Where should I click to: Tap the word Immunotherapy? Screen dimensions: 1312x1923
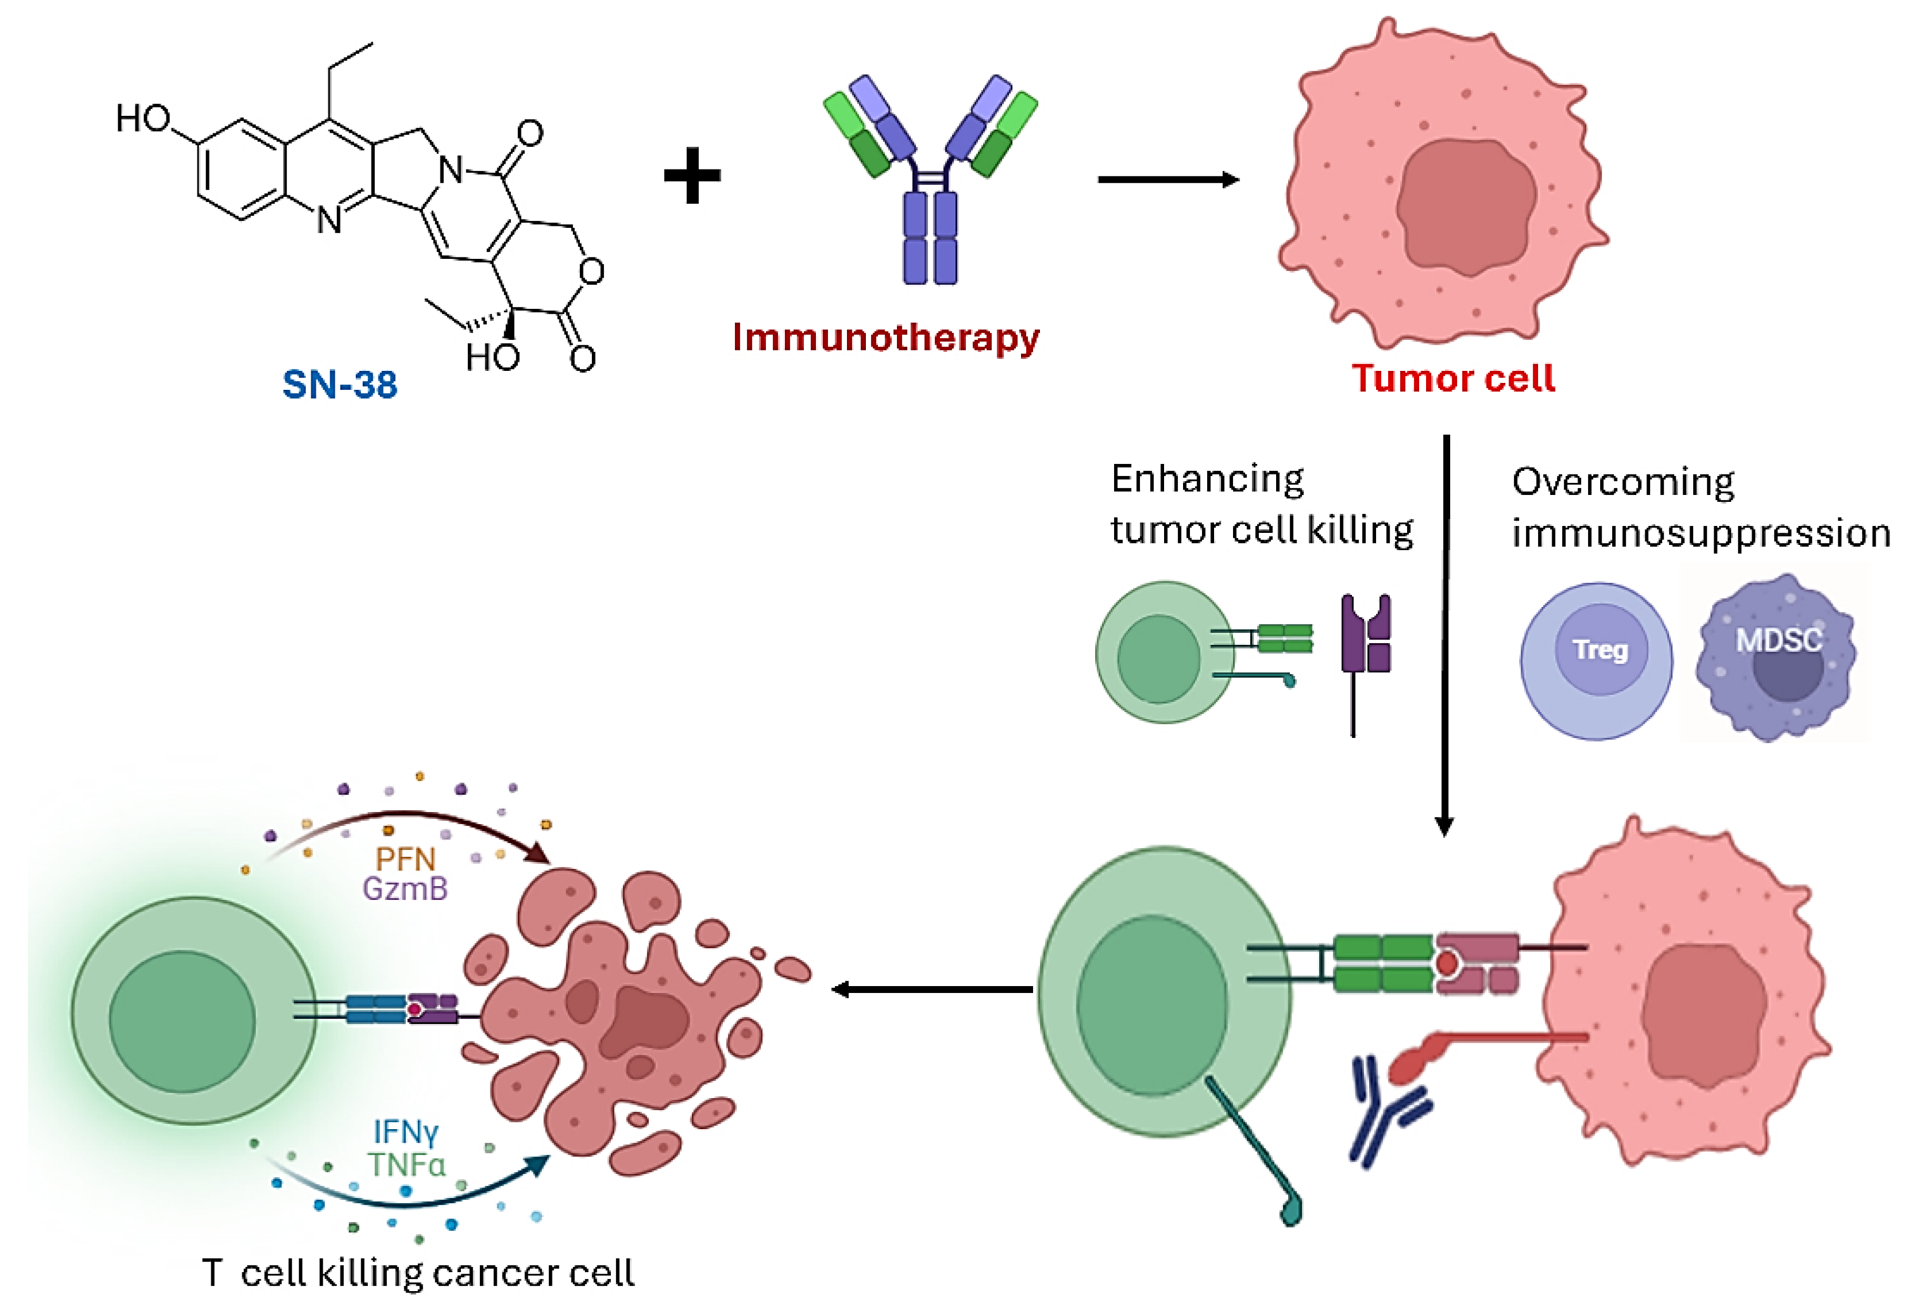click(886, 337)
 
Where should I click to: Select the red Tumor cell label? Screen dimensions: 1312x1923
click(1453, 378)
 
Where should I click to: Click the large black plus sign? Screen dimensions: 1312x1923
click(692, 175)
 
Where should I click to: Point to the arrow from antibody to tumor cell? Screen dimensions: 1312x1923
click(1167, 180)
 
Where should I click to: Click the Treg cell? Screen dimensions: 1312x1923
click(1596, 659)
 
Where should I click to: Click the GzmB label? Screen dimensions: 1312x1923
click(404, 889)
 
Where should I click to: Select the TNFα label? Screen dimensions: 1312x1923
click(407, 1165)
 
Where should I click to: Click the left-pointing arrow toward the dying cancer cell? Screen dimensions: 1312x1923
click(931, 989)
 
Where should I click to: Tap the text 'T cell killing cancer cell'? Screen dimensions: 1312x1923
click(418, 1272)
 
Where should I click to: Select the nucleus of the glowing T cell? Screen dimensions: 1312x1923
click(182, 1021)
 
